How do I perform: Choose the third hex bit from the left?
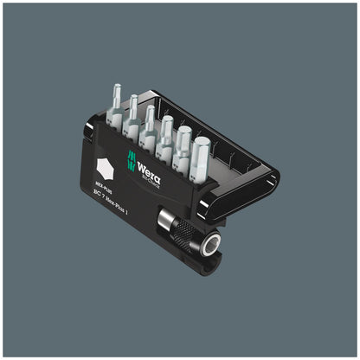click(150, 120)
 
